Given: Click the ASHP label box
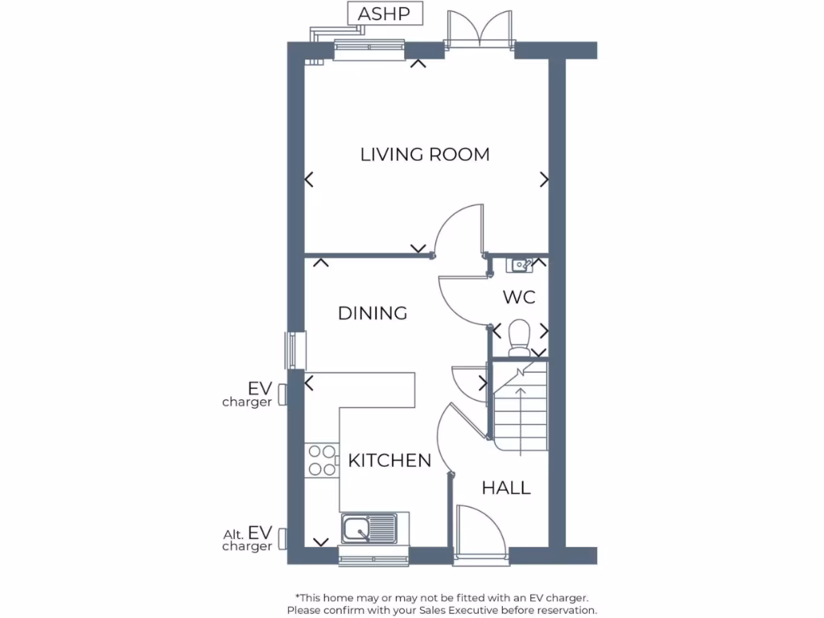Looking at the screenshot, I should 384,14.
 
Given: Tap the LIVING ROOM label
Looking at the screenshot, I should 424,154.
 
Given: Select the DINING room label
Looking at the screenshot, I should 372,313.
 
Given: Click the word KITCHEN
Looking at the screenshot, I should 389,461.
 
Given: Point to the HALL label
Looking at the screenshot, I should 506,488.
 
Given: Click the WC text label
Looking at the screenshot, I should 519,298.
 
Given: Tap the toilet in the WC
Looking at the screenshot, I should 519,336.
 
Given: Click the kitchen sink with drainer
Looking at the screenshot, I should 369,529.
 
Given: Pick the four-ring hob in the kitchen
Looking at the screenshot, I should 322,460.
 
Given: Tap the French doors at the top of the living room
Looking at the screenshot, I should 480,32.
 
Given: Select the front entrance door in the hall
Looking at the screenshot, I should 480,531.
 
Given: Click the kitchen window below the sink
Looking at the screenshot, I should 373,557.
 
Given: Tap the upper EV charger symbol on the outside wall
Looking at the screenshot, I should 282,394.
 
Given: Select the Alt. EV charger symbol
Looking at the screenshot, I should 282,538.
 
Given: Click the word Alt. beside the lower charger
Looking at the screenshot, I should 233,534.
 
